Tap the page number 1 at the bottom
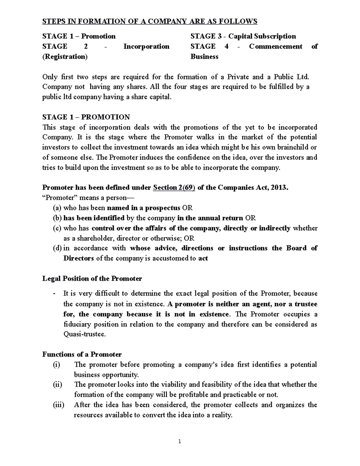(179, 441)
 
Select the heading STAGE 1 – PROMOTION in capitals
(86, 117)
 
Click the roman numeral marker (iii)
(58, 405)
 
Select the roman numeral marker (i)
(56, 365)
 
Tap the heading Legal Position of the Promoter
(92, 278)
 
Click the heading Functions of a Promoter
(82, 354)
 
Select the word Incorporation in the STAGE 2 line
(146, 47)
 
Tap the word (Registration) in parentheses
(65, 57)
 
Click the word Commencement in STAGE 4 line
(275, 47)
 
